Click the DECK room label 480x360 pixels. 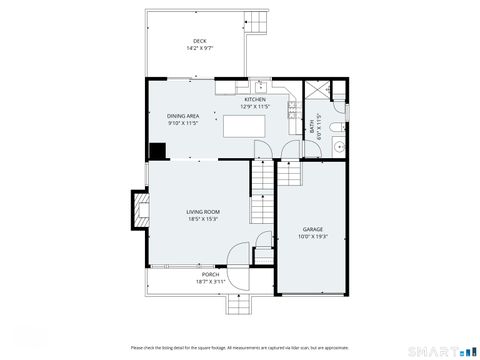coord(200,41)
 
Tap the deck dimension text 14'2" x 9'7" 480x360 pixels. coord(200,48)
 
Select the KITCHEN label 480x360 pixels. coord(255,100)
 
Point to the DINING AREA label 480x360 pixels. coord(183,116)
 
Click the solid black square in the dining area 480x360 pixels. coord(157,152)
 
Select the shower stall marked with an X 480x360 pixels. coord(317,91)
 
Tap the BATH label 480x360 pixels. coord(312,128)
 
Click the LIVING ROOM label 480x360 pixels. coord(203,212)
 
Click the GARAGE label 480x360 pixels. coord(312,230)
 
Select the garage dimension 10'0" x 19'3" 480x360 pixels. coord(312,237)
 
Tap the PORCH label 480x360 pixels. coord(210,274)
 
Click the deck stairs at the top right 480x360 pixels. coord(257,21)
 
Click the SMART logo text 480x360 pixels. coord(436,351)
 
